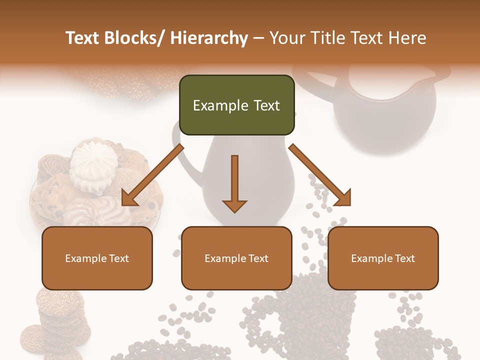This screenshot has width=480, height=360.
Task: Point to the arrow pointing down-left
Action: click(153, 174)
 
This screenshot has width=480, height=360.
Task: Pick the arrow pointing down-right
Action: click(320, 175)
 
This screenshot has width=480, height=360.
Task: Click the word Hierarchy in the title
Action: click(209, 38)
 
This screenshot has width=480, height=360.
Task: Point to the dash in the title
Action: click(259, 38)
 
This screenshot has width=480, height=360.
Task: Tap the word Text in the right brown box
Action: click(404, 258)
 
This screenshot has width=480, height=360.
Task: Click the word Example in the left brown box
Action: click(85, 258)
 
